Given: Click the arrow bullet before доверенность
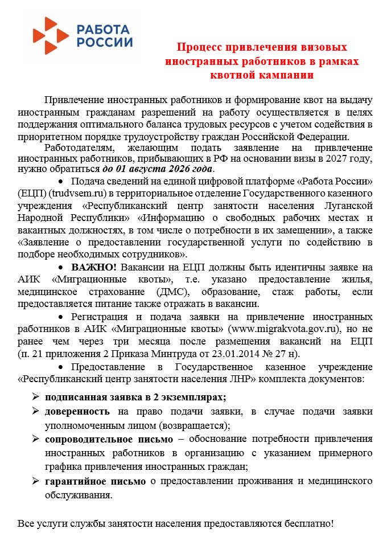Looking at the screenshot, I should click(35, 412).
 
